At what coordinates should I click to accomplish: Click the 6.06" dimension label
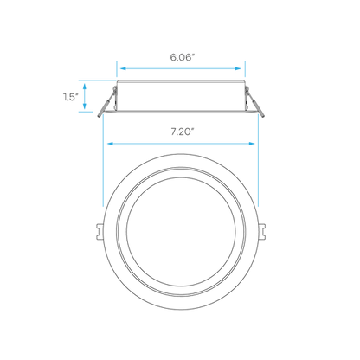point(181,57)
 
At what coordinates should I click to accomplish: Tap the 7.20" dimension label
point(182,132)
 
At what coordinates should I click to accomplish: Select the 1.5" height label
point(71,97)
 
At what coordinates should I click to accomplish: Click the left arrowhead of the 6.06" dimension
point(124,68)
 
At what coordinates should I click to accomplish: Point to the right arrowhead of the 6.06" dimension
point(238,68)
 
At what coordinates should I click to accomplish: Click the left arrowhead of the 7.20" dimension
point(111,144)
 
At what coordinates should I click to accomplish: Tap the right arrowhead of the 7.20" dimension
point(251,144)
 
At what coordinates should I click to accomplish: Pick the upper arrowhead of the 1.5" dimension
point(85,87)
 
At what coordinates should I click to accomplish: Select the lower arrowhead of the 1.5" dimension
point(85,106)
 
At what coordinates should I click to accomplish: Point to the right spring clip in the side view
point(255,102)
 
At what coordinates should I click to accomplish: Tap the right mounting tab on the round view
point(262,232)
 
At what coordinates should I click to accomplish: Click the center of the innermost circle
point(181,232)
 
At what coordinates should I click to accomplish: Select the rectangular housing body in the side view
point(181,96)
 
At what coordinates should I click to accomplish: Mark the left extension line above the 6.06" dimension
point(117,69)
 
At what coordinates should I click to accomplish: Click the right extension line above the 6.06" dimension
point(245,69)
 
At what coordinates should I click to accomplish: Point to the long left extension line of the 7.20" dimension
point(103,160)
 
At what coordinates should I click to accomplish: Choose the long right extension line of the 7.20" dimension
point(259,160)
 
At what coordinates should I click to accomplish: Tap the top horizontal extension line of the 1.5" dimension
point(97,80)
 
